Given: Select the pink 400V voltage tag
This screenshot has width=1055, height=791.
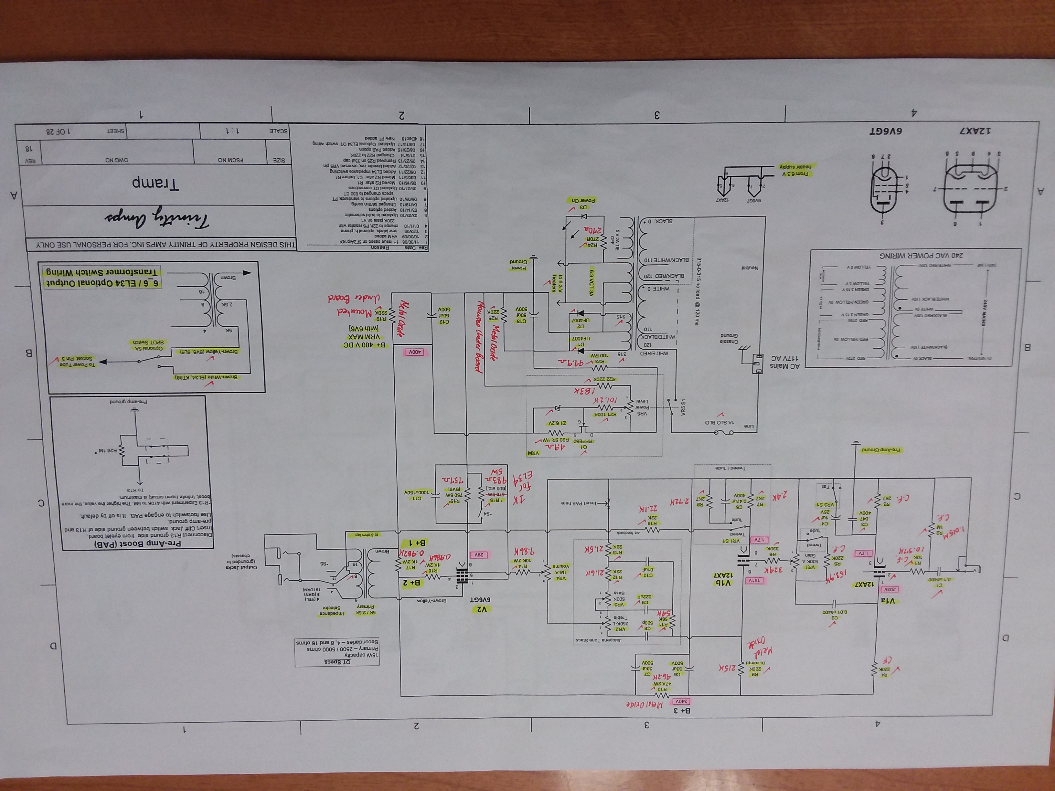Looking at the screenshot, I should click(x=414, y=352).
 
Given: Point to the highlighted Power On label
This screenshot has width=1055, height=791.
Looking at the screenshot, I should click(x=583, y=200).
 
